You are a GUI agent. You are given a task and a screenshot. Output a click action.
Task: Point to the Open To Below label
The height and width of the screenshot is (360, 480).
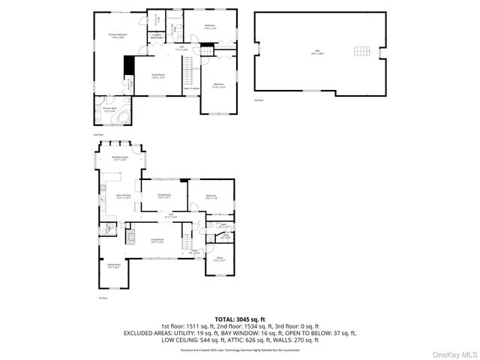click(x=192, y=88)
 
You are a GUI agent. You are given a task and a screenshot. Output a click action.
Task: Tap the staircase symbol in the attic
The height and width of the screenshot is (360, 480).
click(x=362, y=52)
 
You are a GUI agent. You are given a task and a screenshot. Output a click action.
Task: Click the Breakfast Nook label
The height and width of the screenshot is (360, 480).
click(x=120, y=158)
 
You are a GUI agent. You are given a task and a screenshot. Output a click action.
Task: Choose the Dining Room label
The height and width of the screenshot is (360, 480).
click(x=164, y=196)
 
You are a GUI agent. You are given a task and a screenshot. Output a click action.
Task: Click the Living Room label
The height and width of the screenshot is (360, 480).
click(x=157, y=241)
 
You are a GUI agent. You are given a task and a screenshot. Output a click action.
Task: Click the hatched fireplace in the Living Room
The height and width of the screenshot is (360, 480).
click(x=130, y=238)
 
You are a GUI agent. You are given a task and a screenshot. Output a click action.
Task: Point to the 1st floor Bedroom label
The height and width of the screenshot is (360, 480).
click(x=212, y=197)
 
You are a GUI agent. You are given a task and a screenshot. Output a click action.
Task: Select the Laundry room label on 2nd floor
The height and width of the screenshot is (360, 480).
click(x=157, y=36)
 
